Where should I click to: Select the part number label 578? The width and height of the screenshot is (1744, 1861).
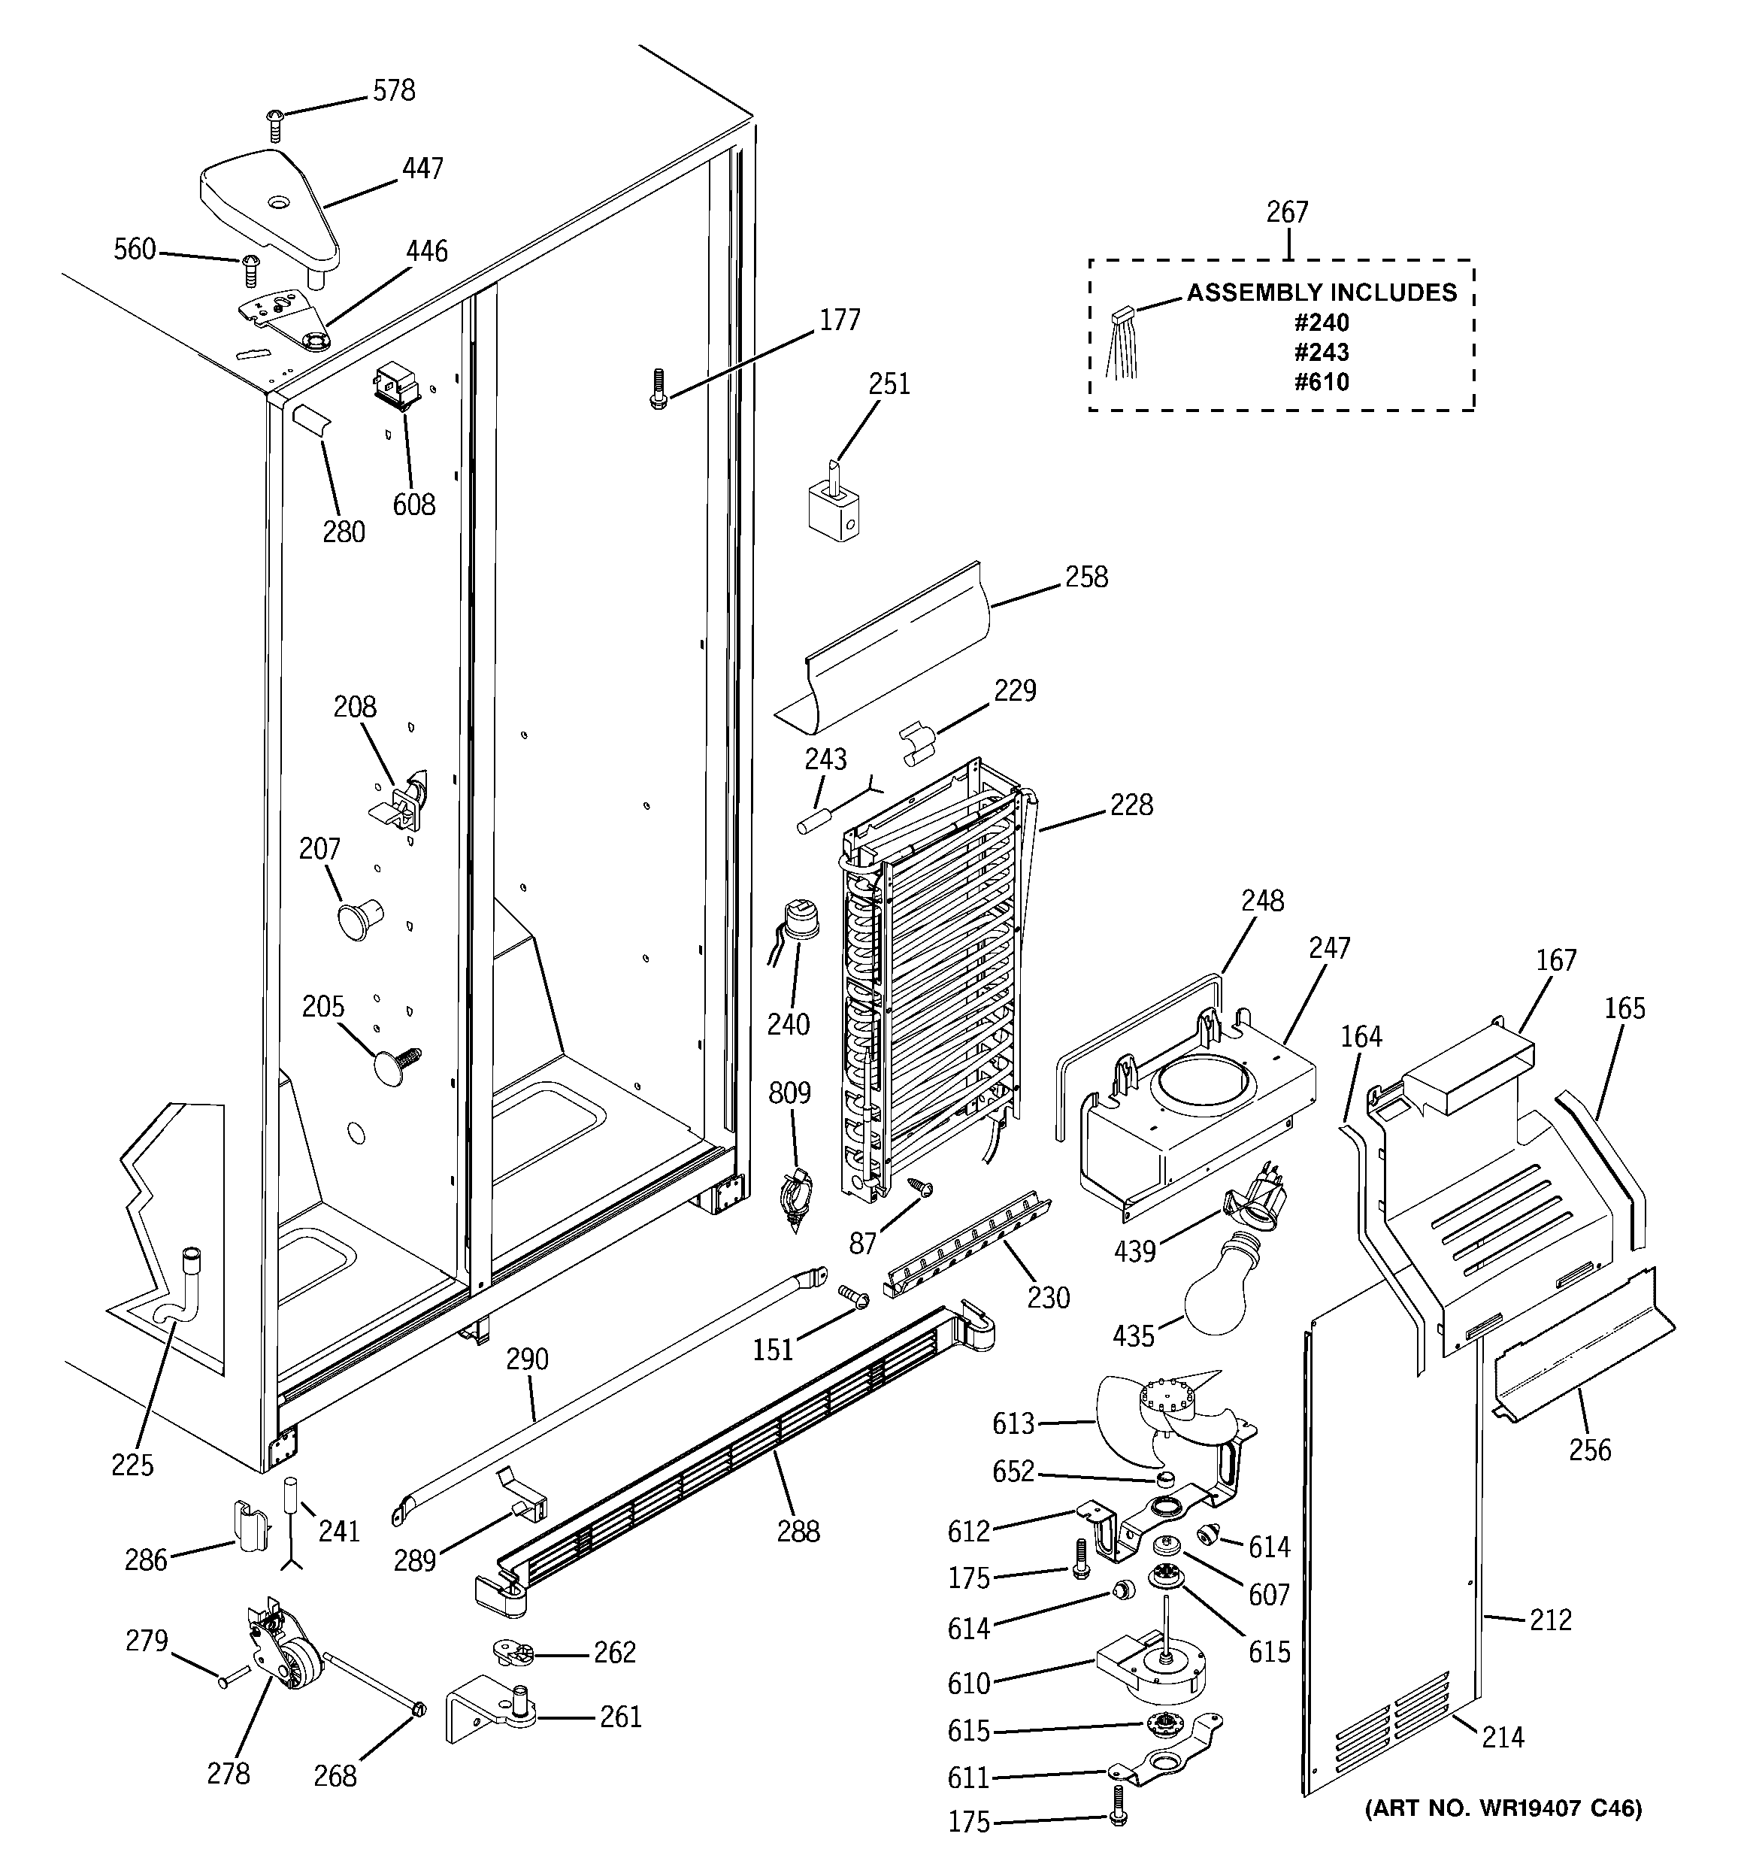(x=393, y=91)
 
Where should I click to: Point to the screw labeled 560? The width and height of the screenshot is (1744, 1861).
(x=250, y=270)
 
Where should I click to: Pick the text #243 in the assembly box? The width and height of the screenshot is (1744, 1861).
(x=1321, y=352)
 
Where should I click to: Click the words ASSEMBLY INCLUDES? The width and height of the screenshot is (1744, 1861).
(x=1321, y=293)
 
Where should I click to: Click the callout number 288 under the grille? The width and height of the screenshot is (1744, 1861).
(x=798, y=1531)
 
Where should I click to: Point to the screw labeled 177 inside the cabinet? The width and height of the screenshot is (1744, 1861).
(x=659, y=389)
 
